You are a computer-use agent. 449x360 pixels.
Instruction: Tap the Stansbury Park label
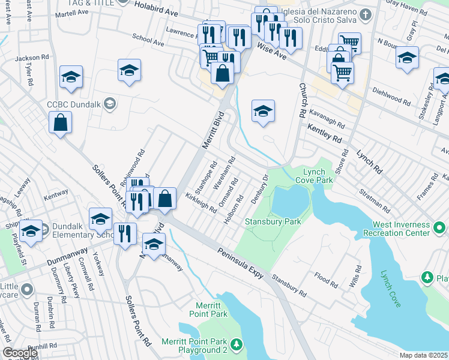(x=273, y=221)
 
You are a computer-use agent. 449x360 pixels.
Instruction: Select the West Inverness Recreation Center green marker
(x=439, y=228)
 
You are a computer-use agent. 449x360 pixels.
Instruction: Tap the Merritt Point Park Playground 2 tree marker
(x=238, y=344)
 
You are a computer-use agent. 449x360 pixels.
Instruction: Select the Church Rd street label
(x=301, y=100)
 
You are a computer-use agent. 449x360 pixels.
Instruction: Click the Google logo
(x=20, y=353)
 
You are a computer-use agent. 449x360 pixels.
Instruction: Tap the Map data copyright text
(x=423, y=355)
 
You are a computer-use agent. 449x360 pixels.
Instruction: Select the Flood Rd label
(x=326, y=280)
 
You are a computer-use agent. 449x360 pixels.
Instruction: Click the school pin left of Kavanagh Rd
(x=263, y=111)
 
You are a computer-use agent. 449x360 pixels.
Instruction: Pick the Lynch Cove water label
(x=391, y=289)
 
